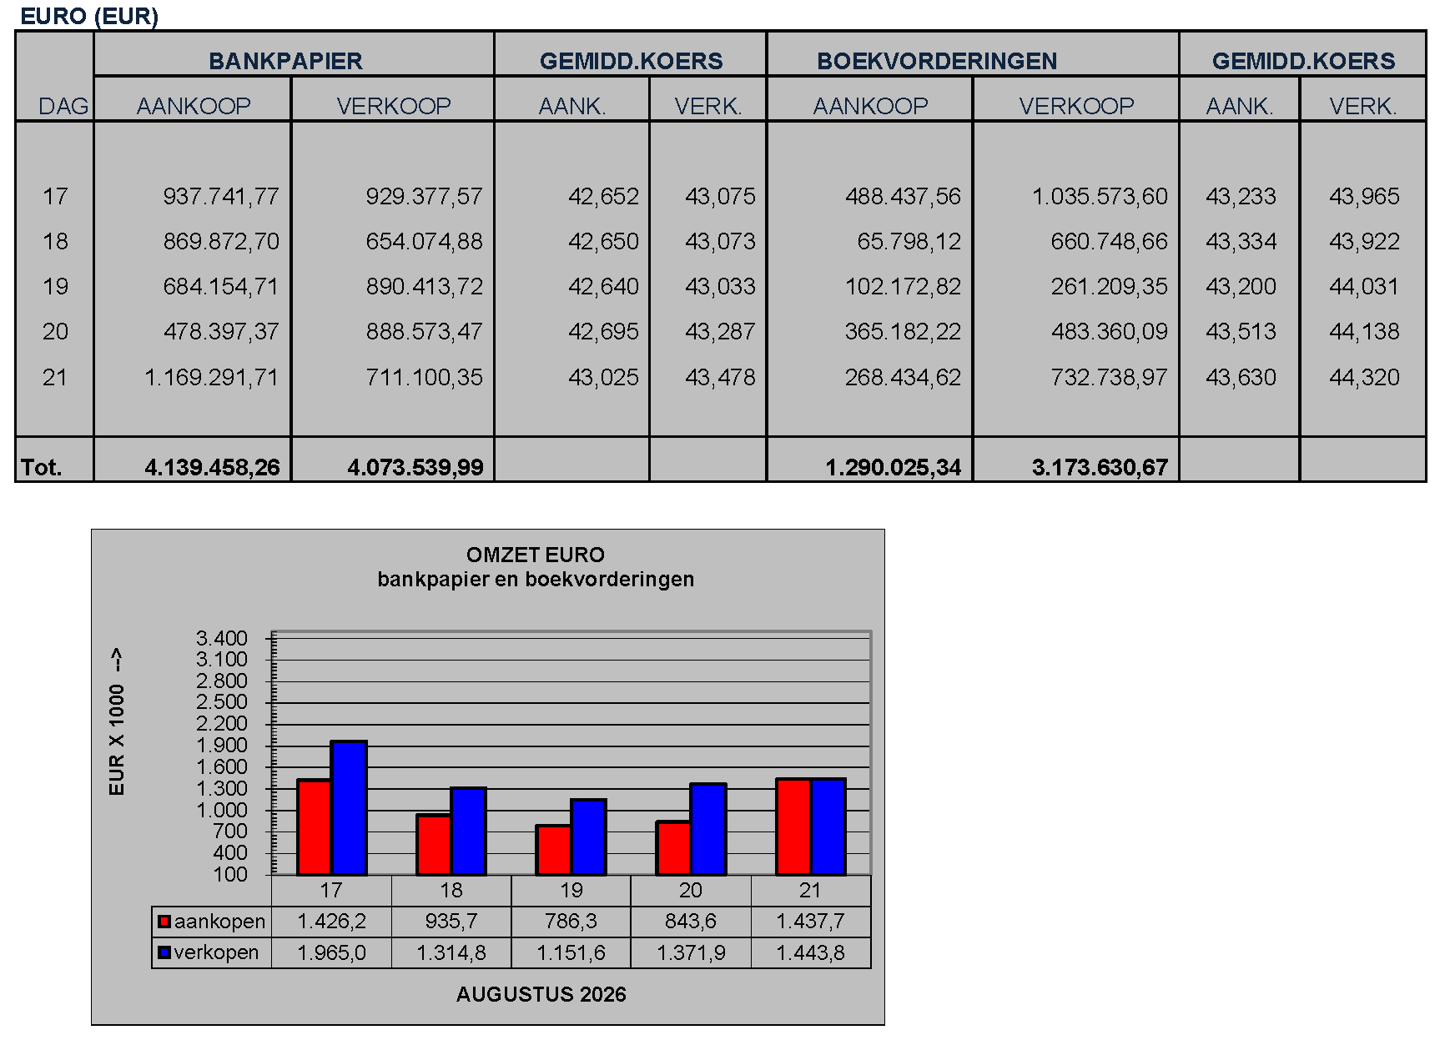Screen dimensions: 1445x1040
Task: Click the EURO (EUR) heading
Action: point(89,16)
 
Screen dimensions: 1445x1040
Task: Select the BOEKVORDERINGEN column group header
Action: point(937,61)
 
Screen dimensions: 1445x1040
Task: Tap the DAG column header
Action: point(63,106)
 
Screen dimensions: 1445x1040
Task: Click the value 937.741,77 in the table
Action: point(221,196)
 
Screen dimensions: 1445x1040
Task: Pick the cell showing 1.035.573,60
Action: point(1100,196)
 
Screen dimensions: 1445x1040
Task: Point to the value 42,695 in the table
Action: point(603,331)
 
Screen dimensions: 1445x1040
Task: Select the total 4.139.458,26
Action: point(212,467)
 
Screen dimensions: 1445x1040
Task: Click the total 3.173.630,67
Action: point(1100,467)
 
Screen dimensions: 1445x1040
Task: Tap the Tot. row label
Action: point(41,467)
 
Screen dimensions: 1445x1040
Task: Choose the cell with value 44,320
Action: point(1364,377)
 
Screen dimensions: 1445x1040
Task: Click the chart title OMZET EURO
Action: point(536,555)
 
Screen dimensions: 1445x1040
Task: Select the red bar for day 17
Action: point(315,827)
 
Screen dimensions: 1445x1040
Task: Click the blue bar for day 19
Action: point(589,837)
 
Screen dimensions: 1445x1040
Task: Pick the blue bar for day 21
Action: point(828,826)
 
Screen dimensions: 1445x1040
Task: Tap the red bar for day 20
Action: point(673,848)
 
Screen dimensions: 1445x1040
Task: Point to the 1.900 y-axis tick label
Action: point(222,745)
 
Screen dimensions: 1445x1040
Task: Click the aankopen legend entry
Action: point(212,922)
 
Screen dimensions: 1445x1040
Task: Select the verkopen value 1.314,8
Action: point(451,952)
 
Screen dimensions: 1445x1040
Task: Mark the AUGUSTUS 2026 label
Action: point(541,994)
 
